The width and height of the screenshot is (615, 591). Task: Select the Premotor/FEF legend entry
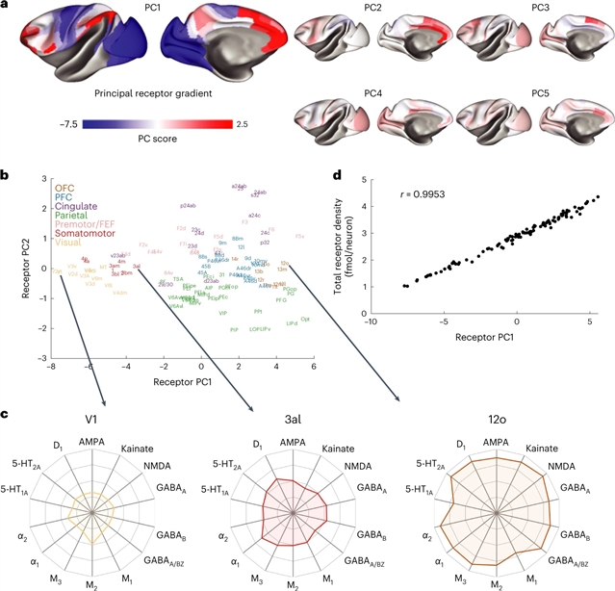[x=90, y=224]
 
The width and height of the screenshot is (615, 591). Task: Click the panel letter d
[x=335, y=175]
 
